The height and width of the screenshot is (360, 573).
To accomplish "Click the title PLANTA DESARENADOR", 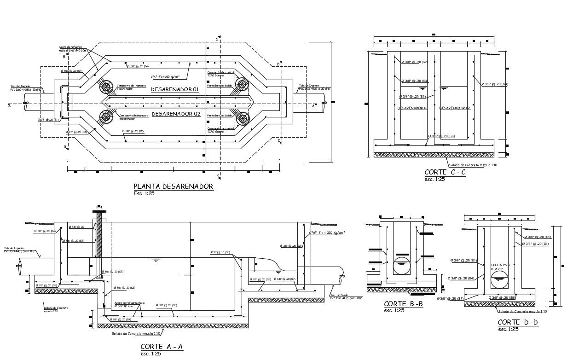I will coord(173,186).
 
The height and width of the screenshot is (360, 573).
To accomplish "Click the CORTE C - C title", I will coord(445,172).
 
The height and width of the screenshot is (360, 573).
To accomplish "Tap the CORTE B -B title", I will coord(403,304).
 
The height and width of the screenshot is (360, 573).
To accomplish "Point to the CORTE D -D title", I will coord(518,323).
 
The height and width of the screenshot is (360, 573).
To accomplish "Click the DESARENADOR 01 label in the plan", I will coord(175,90).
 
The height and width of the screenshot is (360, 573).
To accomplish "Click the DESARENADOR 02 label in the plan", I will coord(176,114).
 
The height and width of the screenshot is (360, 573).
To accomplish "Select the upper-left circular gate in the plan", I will coord(106,87).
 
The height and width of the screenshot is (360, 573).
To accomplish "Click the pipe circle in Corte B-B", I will coord(402,267).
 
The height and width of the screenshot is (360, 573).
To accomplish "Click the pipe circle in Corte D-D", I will coord(500,279).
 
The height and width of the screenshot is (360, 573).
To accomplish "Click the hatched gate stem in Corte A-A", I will coord(98,249).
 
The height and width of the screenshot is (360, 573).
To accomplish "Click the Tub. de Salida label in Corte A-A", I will coord(338,296).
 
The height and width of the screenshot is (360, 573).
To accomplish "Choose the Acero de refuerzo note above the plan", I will coord(70,49).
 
